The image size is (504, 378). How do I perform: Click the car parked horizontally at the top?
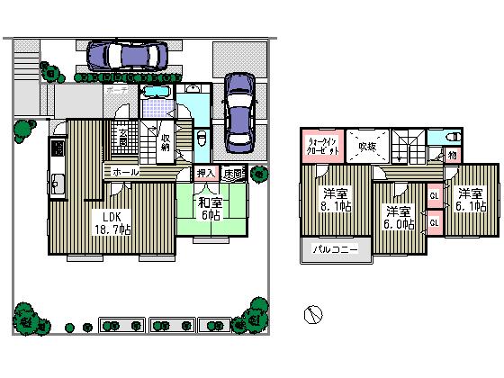click(127, 56)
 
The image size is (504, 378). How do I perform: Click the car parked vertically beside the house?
click(240, 110)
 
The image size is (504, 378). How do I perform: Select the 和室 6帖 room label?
click(210, 209)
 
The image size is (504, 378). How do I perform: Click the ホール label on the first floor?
click(125, 171)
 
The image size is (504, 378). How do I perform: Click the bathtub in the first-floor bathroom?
click(157, 93)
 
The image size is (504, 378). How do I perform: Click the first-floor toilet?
click(201, 139)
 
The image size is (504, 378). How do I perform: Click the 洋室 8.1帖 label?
click(336, 201)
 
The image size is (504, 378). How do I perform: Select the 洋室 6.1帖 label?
click(469, 200)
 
